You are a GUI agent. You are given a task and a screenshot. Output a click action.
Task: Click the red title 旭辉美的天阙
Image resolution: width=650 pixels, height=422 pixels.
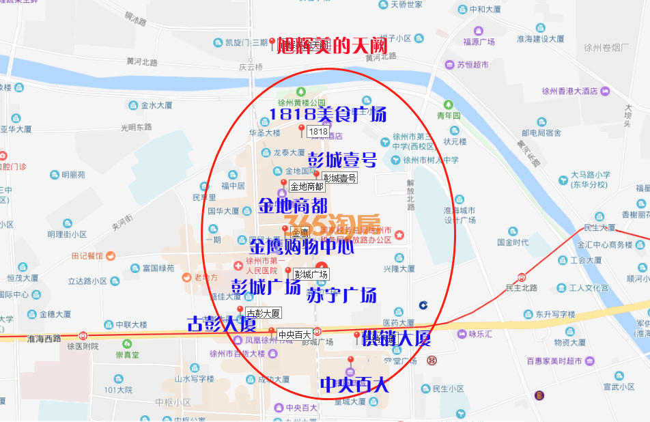pyautogui.click(x=333, y=46)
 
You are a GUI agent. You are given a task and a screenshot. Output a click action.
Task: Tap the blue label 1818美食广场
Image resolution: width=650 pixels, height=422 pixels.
pyautogui.click(x=328, y=113)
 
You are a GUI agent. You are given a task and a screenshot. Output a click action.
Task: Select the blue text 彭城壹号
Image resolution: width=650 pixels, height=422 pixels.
pyautogui.click(x=343, y=160)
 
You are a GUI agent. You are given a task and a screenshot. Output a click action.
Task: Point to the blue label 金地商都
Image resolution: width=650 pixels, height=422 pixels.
pyautogui.click(x=293, y=205)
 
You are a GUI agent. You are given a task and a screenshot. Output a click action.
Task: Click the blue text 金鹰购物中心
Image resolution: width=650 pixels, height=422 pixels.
pyautogui.click(x=302, y=246)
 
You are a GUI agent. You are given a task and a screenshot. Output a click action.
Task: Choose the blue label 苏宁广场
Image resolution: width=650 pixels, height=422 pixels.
pyautogui.click(x=341, y=295)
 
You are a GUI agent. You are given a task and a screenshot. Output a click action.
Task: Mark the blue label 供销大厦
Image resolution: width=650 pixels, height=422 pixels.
pyautogui.click(x=397, y=337)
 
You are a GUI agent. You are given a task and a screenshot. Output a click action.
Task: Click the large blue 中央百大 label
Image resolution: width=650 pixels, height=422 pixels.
pyautogui.click(x=354, y=384)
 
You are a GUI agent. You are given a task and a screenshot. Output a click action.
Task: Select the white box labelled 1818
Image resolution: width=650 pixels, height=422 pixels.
pyautogui.click(x=318, y=131)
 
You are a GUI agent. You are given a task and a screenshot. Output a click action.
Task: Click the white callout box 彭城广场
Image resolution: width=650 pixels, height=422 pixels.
pyautogui.click(x=311, y=274)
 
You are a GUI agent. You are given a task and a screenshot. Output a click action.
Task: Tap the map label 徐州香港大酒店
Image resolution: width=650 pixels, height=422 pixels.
pyautogui.click(x=570, y=91)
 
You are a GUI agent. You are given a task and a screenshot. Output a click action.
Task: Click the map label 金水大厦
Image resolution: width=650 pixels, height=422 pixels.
pyautogui.click(x=156, y=105)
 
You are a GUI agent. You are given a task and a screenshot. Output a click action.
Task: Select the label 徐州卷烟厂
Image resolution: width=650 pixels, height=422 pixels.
pyautogui.click(x=606, y=47)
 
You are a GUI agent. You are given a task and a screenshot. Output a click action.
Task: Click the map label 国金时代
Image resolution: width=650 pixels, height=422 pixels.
pyautogui.click(x=513, y=242)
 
